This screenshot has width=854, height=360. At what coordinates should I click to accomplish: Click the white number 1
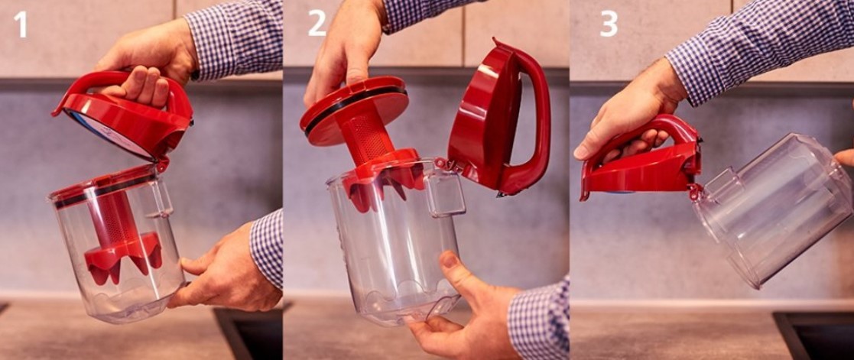(x=21, y=24)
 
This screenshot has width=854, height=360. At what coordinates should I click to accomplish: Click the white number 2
(x=317, y=24)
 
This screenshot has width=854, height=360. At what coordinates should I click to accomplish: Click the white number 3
(x=609, y=24)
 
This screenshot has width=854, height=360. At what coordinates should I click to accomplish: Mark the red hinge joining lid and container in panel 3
(x=696, y=191)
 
